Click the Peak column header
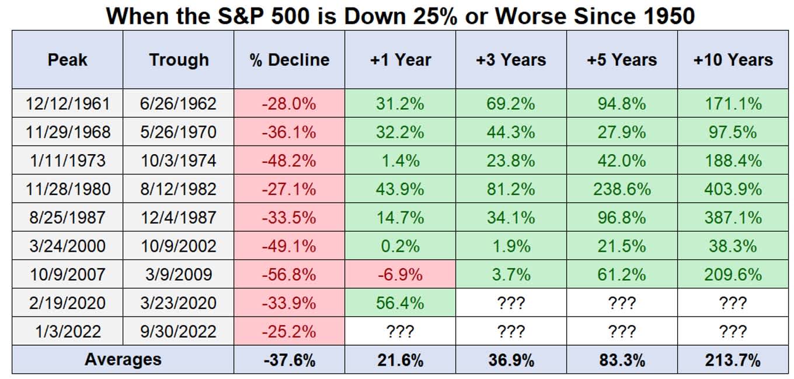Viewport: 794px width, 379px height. (x=68, y=60)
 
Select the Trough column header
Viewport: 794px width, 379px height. (x=179, y=60)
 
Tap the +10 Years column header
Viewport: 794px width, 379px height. (x=733, y=60)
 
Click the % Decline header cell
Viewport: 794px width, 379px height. (x=290, y=60)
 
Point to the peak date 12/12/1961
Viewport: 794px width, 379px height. (x=68, y=104)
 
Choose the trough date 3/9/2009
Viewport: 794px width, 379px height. (x=179, y=274)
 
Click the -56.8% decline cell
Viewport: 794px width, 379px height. (x=290, y=274)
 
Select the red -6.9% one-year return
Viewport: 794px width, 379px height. (x=401, y=274)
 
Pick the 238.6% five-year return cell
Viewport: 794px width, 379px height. (x=622, y=189)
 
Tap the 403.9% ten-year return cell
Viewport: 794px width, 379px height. (x=733, y=189)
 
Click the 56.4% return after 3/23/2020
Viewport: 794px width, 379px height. (x=401, y=303)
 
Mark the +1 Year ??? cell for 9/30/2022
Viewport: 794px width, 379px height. (x=401, y=332)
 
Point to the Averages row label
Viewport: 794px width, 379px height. (x=123, y=360)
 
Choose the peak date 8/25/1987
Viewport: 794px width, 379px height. (x=68, y=218)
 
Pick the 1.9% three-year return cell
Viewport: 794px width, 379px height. (x=511, y=246)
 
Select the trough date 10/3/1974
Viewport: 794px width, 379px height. (x=179, y=161)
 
